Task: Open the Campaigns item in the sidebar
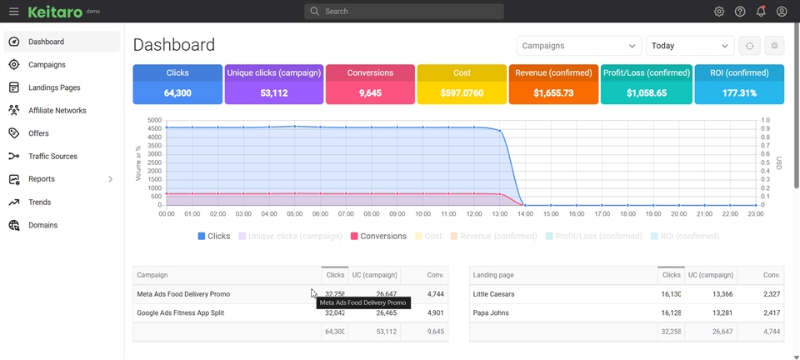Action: coord(47,65)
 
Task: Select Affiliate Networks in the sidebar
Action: coord(57,111)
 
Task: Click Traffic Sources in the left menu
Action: coord(52,157)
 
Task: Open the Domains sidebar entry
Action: coord(42,225)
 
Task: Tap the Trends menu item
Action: coord(39,202)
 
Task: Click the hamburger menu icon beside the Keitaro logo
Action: coord(13,12)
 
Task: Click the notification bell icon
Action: coord(761,12)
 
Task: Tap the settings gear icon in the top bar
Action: coord(719,12)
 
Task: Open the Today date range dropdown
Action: coord(689,46)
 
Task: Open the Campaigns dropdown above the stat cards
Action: coord(578,46)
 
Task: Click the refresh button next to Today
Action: coord(749,46)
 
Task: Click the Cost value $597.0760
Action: coord(462,93)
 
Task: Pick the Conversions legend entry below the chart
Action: coord(378,237)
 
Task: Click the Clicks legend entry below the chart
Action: coord(214,237)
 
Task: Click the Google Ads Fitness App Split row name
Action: coord(180,313)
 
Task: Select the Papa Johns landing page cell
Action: coord(491,313)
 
